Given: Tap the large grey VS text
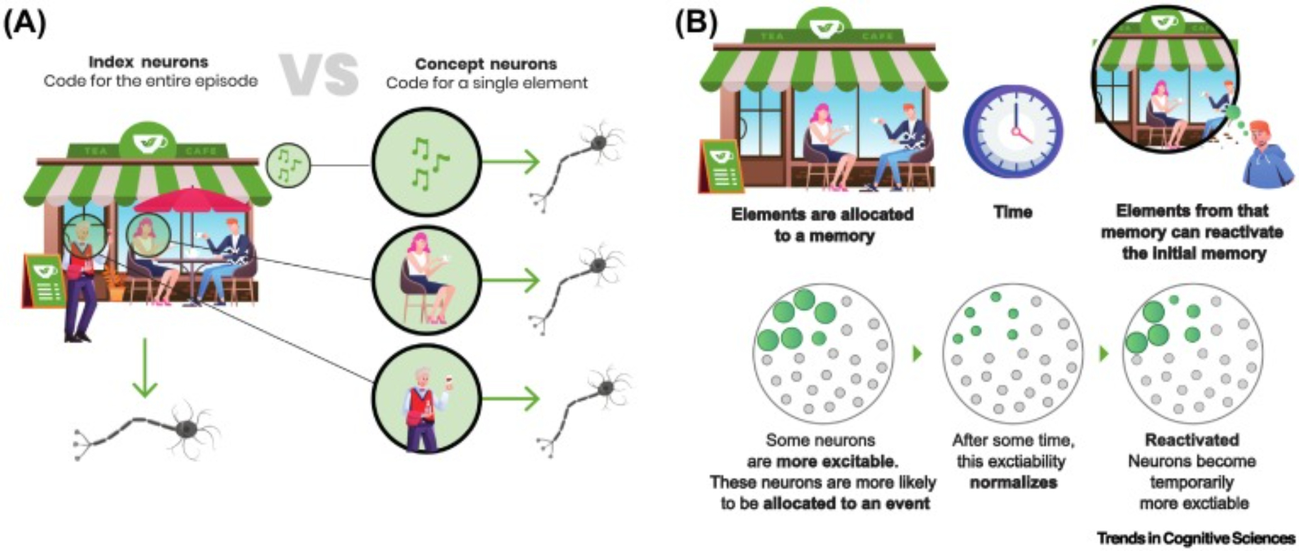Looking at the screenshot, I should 319,74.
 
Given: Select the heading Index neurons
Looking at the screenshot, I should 149,62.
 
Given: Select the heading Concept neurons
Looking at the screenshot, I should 486,64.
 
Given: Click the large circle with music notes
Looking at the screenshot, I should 427,162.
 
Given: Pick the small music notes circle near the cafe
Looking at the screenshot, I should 288,165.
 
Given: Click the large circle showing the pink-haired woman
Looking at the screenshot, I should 427,280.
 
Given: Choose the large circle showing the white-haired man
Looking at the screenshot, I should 427,398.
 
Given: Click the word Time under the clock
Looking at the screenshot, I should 1013,212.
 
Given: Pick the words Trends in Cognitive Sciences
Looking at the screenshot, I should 1196,538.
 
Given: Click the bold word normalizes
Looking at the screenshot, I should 1013,483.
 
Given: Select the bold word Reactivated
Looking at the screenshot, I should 1192,440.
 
